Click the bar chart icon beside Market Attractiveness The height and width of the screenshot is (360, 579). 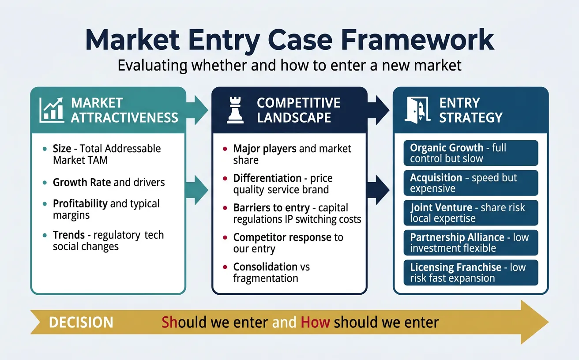coord(52,110)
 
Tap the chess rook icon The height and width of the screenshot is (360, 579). coord(235,110)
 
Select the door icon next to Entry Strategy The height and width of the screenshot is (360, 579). coord(417,110)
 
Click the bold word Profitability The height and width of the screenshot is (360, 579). coord(80,204)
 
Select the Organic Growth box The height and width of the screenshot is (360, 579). coord(470,153)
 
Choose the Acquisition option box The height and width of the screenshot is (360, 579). coord(470,183)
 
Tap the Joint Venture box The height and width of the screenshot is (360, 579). coord(470,213)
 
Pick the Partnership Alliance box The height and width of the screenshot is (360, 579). coord(470,243)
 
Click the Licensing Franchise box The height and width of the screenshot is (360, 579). coord(470,273)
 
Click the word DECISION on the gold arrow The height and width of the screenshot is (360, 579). coord(81,322)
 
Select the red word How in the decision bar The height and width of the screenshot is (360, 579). coord(315,322)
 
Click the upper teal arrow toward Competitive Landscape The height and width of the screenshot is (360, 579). coord(198,107)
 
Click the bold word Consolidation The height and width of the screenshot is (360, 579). coord(259,267)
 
